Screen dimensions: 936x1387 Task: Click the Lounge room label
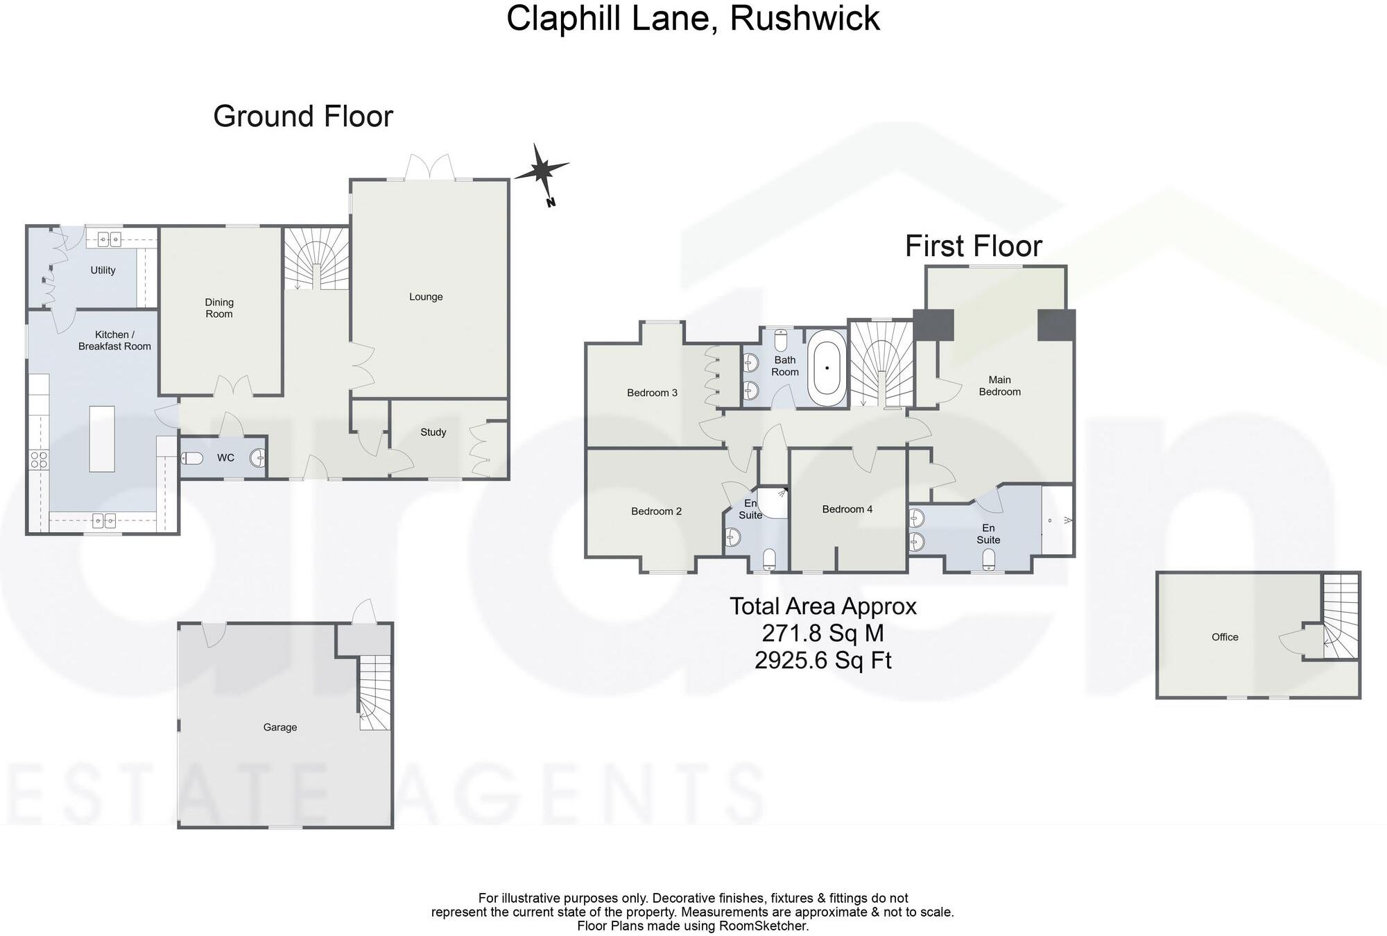(426, 297)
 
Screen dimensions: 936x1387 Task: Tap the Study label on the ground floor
(433, 432)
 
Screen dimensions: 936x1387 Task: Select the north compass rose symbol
(542, 170)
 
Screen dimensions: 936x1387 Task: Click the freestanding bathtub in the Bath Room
(827, 368)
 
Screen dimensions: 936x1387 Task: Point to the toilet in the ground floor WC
(192, 458)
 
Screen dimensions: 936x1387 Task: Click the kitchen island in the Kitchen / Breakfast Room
(102, 439)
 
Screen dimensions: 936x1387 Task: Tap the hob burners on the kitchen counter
(39, 459)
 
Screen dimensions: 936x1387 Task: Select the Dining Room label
(219, 308)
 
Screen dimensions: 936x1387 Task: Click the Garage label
(280, 727)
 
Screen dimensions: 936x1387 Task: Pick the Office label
(1225, 637)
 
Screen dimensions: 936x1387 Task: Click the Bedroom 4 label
(847, 509)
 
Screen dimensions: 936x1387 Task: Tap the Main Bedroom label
(999, 386)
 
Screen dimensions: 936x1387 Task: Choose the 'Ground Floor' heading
(303, 116)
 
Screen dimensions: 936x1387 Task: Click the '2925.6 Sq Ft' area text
(823, 660)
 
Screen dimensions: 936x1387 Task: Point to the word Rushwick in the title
(804, 18)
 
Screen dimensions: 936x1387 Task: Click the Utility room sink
(109, 240)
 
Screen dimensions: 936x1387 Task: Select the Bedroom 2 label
(656, 511)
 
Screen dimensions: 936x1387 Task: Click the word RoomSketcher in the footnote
(764, 926)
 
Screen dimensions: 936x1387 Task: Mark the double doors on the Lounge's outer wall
(430, 168)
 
